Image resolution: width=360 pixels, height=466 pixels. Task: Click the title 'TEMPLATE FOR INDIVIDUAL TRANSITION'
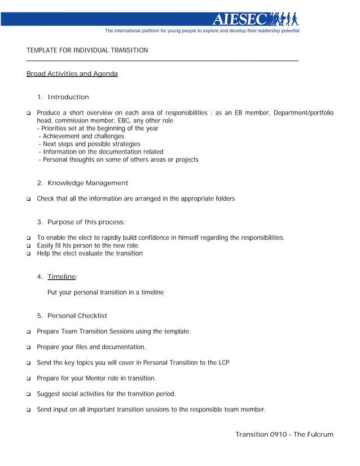87,50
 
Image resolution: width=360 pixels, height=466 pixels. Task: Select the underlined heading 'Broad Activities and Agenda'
72,74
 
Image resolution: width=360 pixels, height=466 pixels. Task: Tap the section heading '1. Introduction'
63,97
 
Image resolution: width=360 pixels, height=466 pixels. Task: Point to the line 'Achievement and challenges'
83,136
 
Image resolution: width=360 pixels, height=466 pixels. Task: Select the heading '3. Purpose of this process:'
81,222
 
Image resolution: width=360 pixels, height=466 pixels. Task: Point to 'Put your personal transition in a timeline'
106,292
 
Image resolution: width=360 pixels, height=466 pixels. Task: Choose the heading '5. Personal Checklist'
72,315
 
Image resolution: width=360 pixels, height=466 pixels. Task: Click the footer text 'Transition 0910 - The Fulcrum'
284,434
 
